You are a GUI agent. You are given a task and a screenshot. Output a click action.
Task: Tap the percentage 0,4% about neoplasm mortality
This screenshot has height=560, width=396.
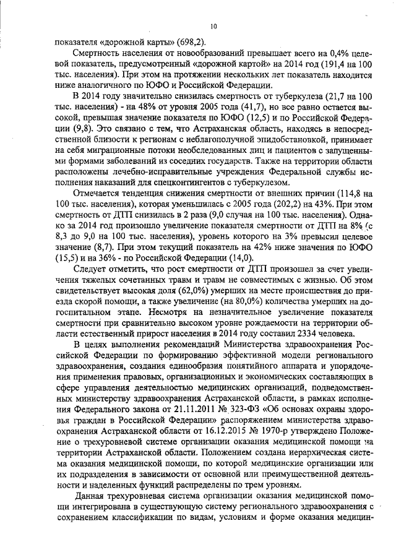(325, 53)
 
